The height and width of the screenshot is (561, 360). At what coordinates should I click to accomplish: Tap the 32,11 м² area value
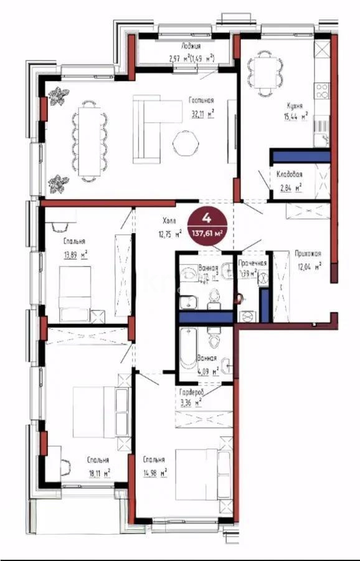[202, 114]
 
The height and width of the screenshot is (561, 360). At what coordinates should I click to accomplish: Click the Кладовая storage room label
[290, 175]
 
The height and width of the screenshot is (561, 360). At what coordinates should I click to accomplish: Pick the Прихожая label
[308, 254]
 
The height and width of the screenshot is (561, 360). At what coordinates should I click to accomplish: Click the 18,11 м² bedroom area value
[98, 472]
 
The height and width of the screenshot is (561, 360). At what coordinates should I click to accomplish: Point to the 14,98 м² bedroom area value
[154, 473]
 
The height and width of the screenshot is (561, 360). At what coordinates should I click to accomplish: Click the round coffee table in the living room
[185, 143]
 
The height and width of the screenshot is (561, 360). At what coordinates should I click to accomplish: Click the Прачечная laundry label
[253, 263]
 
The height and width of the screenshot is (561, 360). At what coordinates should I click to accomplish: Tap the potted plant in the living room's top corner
[60, 97]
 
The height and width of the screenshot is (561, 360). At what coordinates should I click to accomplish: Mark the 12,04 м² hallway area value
[310, 267]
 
